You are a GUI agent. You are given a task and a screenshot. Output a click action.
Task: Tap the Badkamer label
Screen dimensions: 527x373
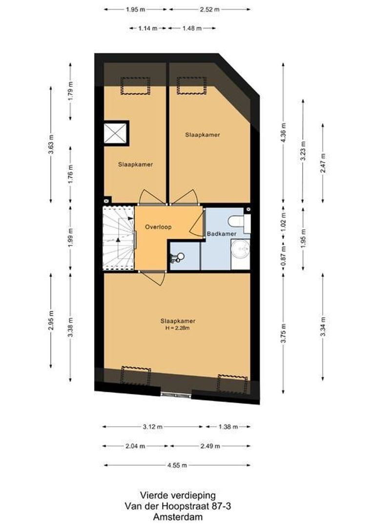(x=222, y=234)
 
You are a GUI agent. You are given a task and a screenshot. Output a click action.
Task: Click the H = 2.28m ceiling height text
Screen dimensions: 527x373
(x=178, y=328)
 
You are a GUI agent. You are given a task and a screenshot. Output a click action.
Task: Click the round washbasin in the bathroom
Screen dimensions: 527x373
(x=241, y=249)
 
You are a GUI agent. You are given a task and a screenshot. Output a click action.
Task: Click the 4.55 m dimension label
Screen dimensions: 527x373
(x=177, y=465)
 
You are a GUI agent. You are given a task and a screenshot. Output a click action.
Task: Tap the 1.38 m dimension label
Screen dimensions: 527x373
(x=228, y=426)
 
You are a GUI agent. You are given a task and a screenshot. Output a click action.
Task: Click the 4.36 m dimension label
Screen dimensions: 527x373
(x=284, y=132)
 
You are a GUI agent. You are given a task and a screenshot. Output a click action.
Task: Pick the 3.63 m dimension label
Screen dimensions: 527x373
(x=51, y=144)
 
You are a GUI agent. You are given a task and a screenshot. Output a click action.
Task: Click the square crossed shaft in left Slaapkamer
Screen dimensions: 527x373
(x=116, y=132)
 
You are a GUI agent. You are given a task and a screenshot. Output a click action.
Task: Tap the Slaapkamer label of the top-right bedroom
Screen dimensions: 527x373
(x=202, y=134)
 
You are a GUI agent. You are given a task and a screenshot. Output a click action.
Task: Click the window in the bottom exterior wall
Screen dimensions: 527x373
(x=176, y=394)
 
